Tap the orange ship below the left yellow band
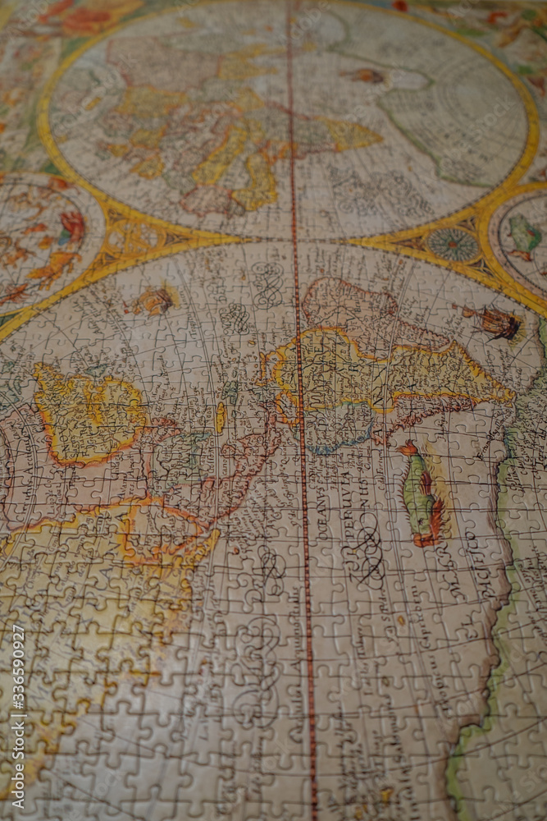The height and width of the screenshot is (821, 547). [153, 300]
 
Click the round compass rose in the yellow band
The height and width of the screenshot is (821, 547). [452, 244]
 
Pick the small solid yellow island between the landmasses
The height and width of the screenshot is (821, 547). [220, 417]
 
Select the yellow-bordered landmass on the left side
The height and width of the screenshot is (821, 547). [86, 415]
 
